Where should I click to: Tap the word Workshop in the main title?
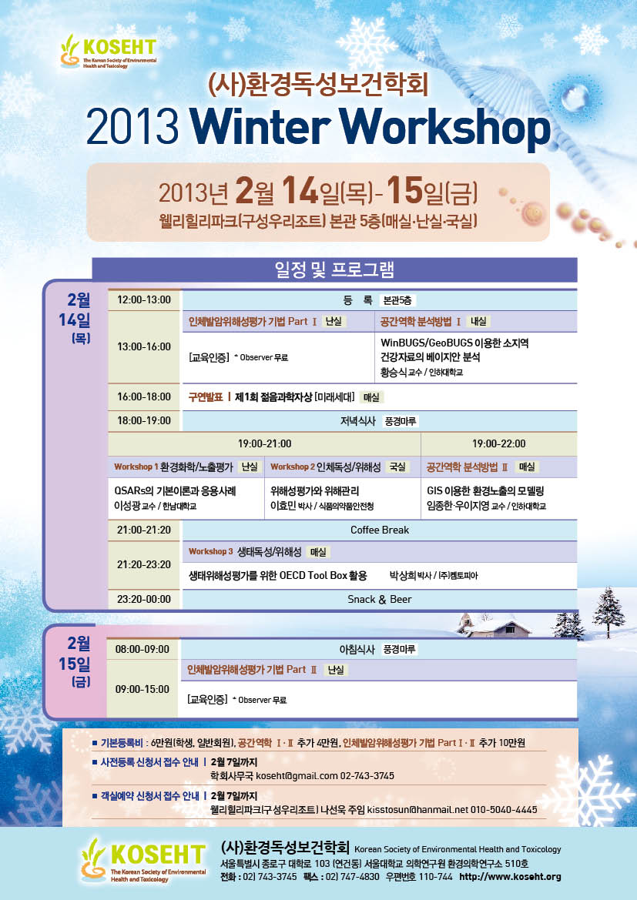[x=448, y=129]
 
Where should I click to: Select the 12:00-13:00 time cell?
[x=144, y=299]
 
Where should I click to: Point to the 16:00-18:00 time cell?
[x=144, y=396]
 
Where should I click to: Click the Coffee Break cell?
[x=380, y=530]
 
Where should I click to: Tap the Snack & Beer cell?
[x=380, y=599]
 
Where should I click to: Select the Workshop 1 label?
[x=136, y=467]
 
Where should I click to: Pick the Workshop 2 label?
[x=293, y=467]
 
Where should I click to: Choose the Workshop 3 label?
[x=211, y=551]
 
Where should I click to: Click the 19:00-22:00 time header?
[x=498, y=443]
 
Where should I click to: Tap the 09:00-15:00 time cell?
[x=142, y=689]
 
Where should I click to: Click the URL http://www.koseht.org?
[x=511, y=876]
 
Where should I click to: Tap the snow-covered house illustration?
[x=496, y=625]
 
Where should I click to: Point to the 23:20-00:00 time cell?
[x=144, y=599]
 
